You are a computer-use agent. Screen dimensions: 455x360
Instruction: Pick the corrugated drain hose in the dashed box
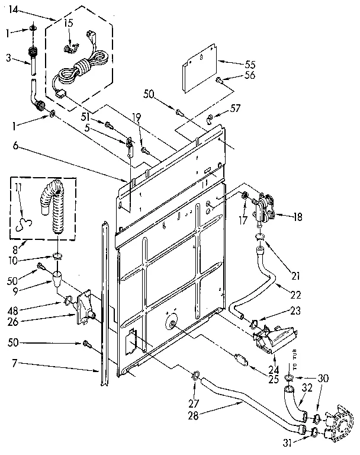click(x=56, y=207)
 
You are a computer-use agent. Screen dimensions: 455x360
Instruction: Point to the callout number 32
click(x=307, y=389)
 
